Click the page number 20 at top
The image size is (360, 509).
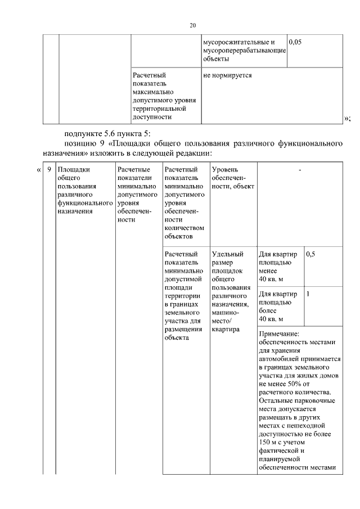pos(192,26)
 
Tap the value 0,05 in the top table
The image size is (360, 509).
pos(295,42)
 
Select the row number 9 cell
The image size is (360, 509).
pos(49,169)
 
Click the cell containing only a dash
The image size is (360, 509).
pos(300,169)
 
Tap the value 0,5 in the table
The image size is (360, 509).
pos(310,254)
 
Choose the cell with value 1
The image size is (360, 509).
pos(308,294)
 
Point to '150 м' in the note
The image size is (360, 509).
pos(269,443)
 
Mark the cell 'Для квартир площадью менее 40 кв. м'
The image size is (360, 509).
pos(279,267)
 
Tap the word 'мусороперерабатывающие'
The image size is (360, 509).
pos(245,51)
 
